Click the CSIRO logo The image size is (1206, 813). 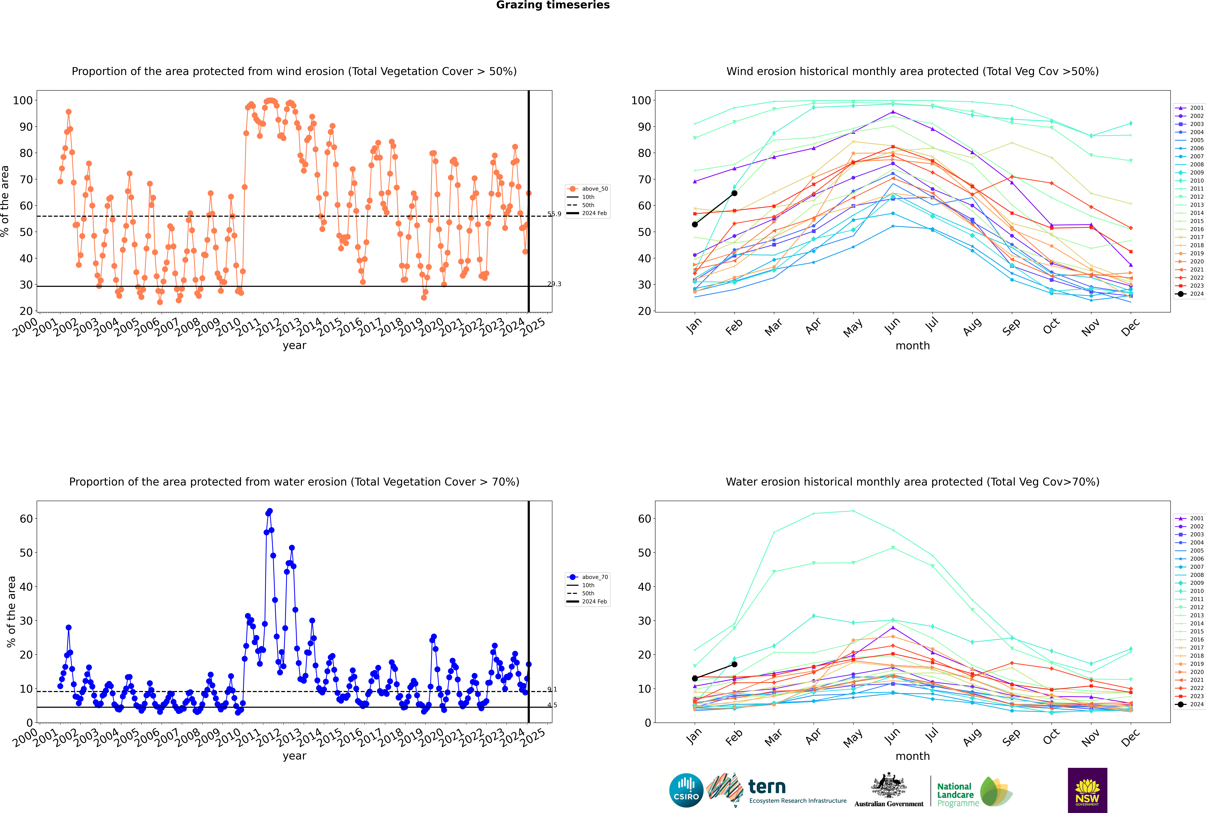point(686,790)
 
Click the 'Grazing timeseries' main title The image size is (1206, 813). point(553,5)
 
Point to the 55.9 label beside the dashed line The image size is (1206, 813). point(554,214)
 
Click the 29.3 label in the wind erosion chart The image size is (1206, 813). point(554,284)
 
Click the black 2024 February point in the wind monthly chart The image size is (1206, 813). point(734,193)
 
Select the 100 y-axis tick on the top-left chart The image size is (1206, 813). point(23,101)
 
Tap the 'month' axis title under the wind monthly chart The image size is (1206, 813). point(913,346)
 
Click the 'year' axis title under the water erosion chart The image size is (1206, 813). point(295,757)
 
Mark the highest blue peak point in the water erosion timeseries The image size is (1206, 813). point(270,511)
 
